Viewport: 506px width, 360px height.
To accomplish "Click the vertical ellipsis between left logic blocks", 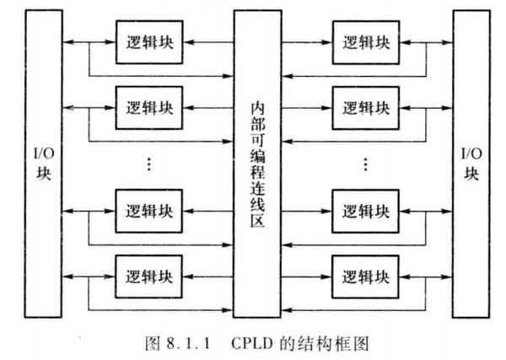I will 147,164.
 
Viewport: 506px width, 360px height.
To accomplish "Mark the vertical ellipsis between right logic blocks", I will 366,164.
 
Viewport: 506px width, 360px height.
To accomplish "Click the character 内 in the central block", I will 258,107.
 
